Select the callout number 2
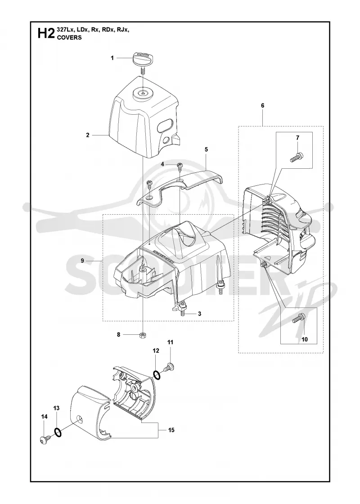pyautogui.click(x=88, y=135)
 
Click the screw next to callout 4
pyautogui.click(x=180, y=166)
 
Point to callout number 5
pyautogui.click(x=207, y=149)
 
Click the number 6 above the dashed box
pyautogui.click(x=263, y=105)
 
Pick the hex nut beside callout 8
pyautogui.click(x=142, y=335)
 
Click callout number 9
pyautogui.click(x=83, y=252)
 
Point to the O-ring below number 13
pyautogui.click(x=58, y=432)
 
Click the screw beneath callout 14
pyautogui.click(x=45, y=438)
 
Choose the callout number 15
pyautogui.click(x=171, y=430)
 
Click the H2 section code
pyautogui.click(x=45, y=33)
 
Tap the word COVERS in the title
pyautogui.click(x=69, y=37)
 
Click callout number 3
pyautogui.click(x=200, y=314)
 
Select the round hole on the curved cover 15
pyautogui.click(x=79, y=419)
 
